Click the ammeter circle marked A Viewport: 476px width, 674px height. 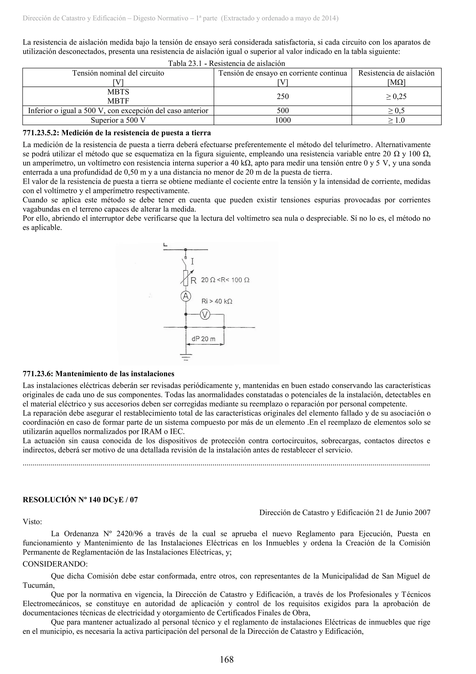[x=185, y=296]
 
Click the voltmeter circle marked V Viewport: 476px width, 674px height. [x=205, y=315]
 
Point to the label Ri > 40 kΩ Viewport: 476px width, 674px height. [x=217, y=301]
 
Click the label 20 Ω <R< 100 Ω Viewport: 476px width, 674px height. [x=225, y=280]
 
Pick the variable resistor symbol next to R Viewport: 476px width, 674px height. [x=185, y=278]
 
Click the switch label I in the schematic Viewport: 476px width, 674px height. [x=192, y=261]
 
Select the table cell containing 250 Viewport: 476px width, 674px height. [x=283, y=96]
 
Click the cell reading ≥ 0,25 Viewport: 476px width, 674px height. [x=396, y=96]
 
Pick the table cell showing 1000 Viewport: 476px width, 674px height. [x=283, y=120]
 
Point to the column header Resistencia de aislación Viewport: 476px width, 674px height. [x=396, y=73]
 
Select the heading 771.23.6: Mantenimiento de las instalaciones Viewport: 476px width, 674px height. [x=99, y=374]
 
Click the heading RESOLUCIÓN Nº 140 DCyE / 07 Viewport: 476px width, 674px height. [x=80, y=500]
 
